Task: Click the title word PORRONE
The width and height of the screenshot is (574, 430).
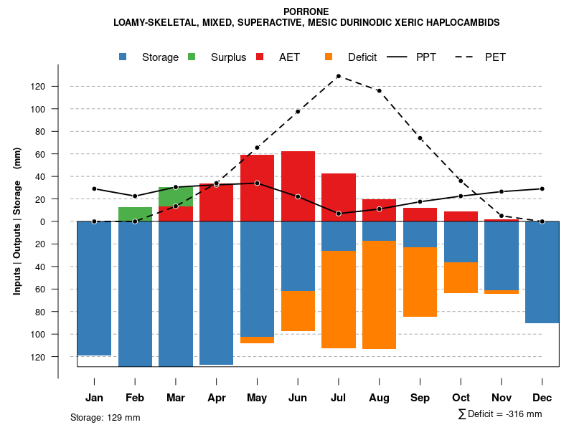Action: tap(306, 11)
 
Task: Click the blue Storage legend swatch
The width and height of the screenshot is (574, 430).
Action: tap(124, 57)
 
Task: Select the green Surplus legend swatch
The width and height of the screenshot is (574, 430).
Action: tap(192, 57)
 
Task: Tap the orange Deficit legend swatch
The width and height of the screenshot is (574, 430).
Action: tap(329, 57)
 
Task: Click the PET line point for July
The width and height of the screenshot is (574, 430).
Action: tap(338, 76)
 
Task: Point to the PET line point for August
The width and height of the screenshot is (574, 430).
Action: tap(379, 90)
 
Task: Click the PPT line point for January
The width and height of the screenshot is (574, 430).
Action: tap(94, 188)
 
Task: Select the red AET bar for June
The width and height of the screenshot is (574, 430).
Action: tap(298, 186)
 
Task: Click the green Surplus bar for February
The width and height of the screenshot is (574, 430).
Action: tap(135, 214)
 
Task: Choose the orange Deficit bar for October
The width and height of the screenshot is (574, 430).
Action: tap(461, 278)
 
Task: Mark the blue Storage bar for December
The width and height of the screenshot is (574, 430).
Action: tap(542, 272)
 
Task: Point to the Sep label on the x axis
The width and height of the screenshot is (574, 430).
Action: tap(420, 398)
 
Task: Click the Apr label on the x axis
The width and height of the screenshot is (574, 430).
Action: tap(216, 398)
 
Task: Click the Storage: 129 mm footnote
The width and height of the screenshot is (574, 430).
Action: tap(105, 417)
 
